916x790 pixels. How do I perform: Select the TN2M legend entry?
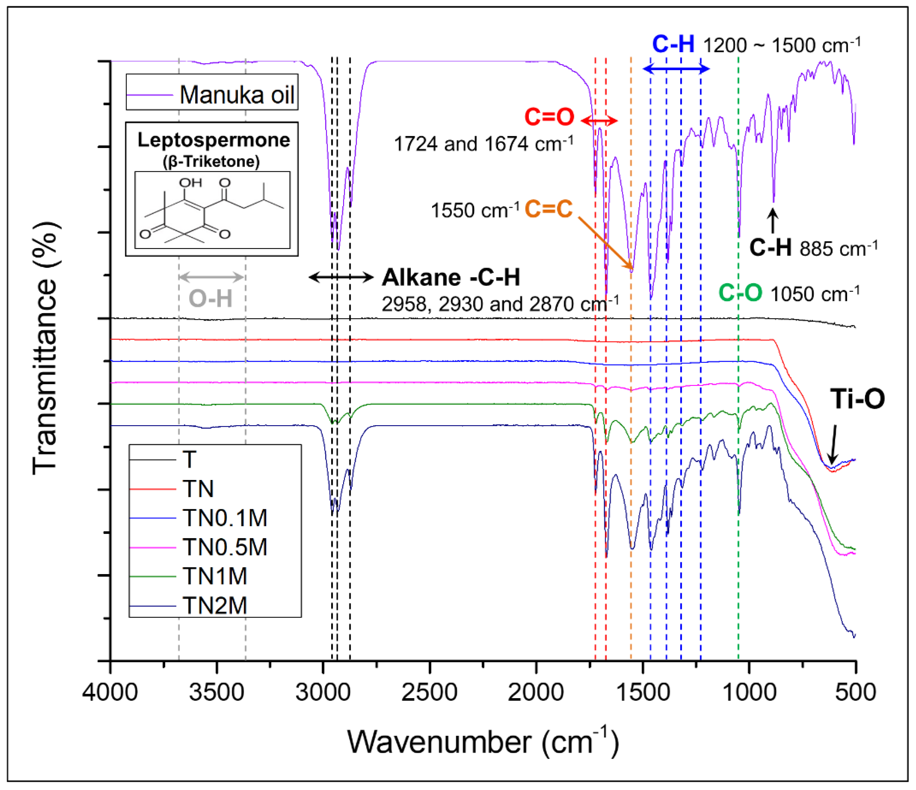point(215,605)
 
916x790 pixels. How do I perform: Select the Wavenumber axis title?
point(483,741)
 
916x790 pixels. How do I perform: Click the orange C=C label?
point(549,209)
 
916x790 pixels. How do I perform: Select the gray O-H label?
point(211,298)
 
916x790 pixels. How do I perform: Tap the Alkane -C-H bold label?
point(451,277)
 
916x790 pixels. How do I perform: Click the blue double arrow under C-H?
point(676,69)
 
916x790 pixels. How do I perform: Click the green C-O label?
point(740,292)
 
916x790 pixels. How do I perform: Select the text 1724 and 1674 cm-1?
point(483,144)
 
